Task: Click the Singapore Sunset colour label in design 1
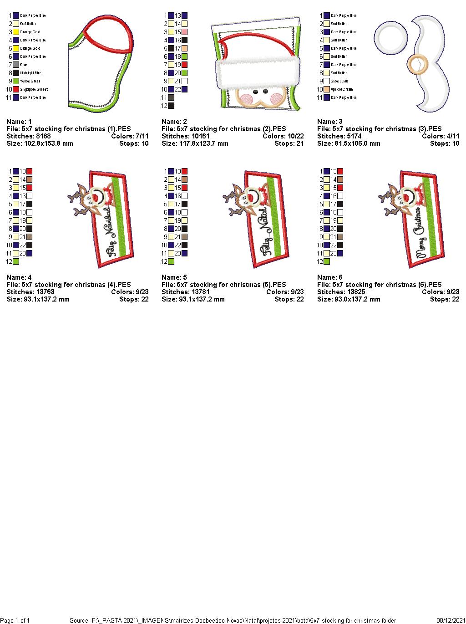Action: coord(34,90)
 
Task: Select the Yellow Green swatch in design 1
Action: coord(16,82)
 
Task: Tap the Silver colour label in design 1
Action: coord(24,65)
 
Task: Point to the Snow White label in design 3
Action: coord(339,82)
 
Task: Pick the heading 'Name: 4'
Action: coord(19,277)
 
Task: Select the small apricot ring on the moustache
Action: coord(415,65)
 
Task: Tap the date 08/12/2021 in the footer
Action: coord(451,620)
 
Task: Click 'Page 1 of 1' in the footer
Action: coord(15,620)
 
